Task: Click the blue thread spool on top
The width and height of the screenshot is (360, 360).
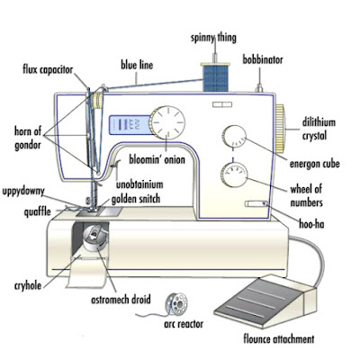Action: pos(215,77)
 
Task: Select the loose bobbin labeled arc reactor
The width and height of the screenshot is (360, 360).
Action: pos(176,304)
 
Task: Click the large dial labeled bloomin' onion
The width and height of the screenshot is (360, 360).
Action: pos(166,123)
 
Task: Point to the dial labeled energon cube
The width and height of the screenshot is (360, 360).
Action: pos(234,137)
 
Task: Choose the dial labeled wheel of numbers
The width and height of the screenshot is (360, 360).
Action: pos(234,175)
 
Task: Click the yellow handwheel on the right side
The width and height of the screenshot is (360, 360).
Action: pos(280,128)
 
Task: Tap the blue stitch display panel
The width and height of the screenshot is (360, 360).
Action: pos(130,124)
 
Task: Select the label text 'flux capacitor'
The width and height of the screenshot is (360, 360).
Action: pos(48,70)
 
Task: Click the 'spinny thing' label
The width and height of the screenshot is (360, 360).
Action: pos(213,38)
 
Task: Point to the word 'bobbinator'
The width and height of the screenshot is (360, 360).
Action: pos(263,59)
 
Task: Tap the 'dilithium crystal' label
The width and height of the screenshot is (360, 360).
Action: pos(319,129)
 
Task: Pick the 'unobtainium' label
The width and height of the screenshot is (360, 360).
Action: pos(139,184)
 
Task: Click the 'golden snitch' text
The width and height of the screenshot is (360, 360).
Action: pos(136,199)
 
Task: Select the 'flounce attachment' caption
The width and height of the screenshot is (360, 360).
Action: pos(279,339)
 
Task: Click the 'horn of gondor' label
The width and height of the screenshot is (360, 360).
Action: pos(28,138)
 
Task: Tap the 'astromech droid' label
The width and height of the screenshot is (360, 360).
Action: pos(121,300)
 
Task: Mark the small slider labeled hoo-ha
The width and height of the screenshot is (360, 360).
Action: pos(256,204)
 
